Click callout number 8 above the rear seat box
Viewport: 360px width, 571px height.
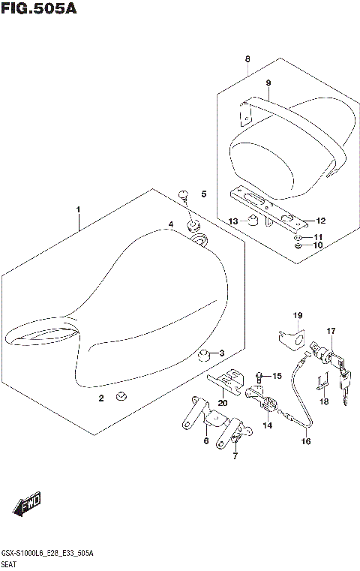point(247,59)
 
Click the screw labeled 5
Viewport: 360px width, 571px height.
point(184,196)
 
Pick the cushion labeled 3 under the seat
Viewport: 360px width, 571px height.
point(202,353)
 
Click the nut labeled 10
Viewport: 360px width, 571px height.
point(298,245)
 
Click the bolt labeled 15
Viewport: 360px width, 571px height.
point(259,374)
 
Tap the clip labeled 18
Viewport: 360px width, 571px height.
point(321,383)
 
